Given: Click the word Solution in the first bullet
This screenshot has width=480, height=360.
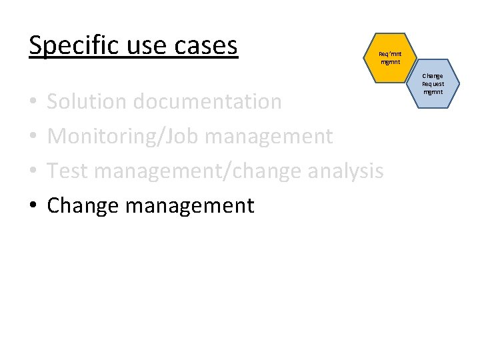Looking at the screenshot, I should [x=88, y=102].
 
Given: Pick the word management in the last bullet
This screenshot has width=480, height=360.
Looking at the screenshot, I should [x=190, y=205].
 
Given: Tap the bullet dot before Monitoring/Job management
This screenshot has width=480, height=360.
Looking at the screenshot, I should [x=33, y=137].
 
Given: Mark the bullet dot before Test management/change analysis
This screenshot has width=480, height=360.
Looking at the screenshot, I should [x=33, y=172].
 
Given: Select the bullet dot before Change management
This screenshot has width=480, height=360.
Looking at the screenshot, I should [x=33, y=206].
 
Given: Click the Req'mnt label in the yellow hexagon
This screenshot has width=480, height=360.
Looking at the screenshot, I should [x=390, y=55].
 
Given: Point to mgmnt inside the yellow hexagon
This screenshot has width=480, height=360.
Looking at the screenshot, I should [x=390, y=62].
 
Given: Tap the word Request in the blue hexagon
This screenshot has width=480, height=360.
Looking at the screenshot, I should [x=433, y=85].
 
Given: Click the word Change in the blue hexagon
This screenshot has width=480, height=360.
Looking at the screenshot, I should [x=433, y=77].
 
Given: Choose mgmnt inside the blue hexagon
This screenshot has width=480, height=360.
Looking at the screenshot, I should [x=433, y=92].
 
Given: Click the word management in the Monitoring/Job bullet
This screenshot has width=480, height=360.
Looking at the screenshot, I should [x=269, y=137].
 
